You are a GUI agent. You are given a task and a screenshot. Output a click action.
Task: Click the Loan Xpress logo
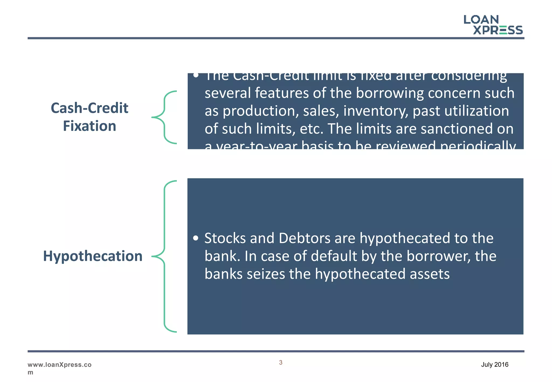493,25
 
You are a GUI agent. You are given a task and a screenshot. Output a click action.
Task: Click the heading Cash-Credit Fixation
89,117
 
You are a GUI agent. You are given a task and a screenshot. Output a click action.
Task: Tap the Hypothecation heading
93,256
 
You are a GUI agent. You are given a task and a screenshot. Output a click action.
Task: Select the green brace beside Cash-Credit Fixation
164,117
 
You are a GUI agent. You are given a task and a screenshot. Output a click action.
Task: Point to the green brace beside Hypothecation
164,256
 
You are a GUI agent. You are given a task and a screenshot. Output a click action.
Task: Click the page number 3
281,363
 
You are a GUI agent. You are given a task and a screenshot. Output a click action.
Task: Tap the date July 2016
495,364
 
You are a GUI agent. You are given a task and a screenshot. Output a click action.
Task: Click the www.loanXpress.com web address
59,368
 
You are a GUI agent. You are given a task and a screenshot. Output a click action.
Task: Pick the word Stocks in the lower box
225,238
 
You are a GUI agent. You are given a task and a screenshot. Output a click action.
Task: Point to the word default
334,256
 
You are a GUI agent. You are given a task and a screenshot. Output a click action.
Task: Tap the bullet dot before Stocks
196,238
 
